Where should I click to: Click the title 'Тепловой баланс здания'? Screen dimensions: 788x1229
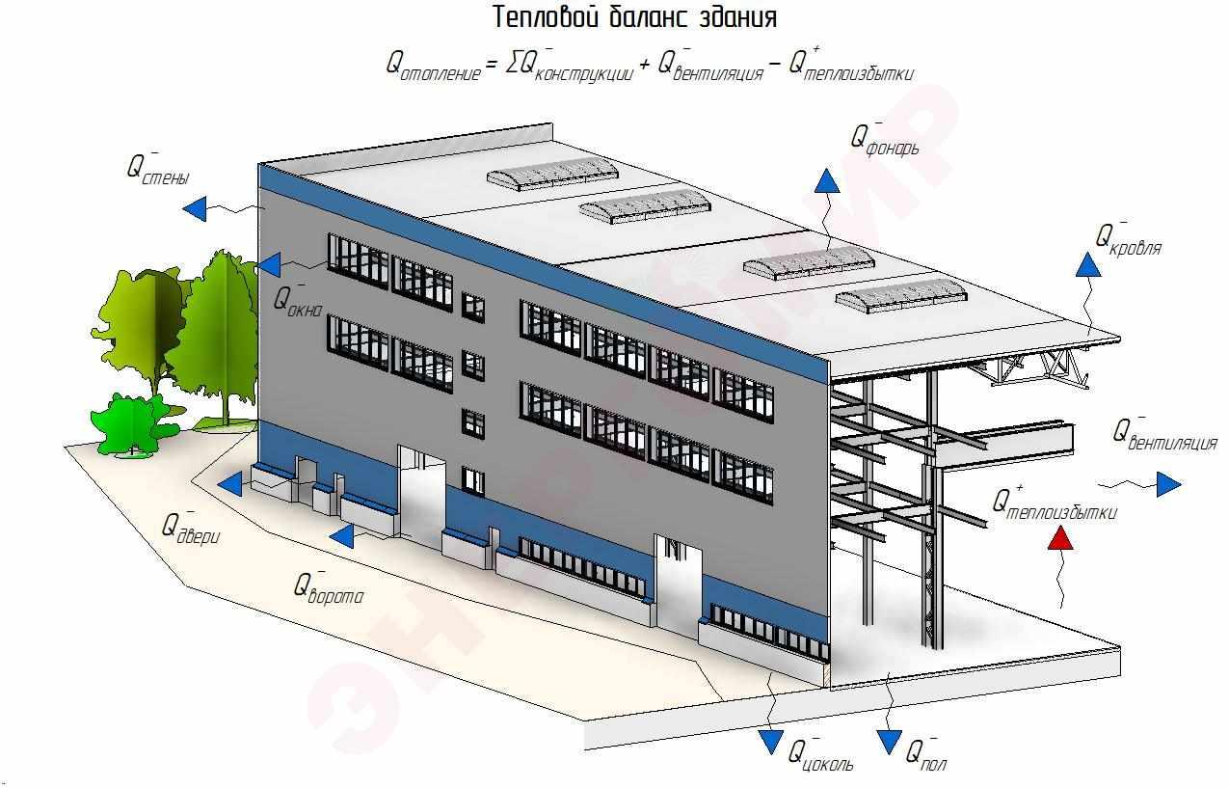coord(634,17)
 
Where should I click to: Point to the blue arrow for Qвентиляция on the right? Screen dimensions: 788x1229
coord(1168,484)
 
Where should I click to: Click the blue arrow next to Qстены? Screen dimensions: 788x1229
coord(196,207)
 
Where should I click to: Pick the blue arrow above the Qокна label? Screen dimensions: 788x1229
coord(269,263)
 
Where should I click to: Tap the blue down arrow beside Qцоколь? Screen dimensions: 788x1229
coord(770,741)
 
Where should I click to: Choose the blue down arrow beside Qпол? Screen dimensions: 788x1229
coord(889,741)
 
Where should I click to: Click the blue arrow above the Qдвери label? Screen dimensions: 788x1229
coord(230,484)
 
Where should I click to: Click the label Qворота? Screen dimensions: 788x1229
coord(329,587)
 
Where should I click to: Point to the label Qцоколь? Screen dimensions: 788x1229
coord(820,754)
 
